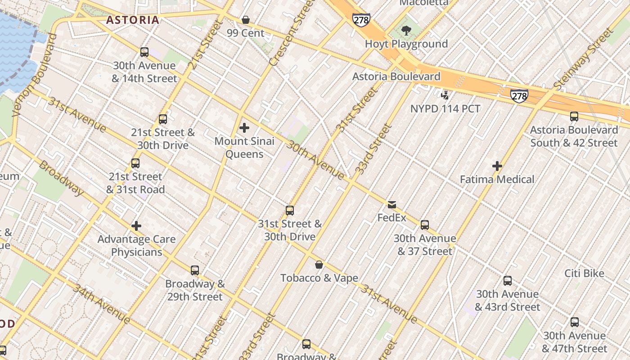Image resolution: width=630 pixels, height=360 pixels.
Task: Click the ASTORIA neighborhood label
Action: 133,20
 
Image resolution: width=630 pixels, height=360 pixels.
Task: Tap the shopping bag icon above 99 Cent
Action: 246,20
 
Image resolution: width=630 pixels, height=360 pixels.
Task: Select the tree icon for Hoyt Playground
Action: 406,31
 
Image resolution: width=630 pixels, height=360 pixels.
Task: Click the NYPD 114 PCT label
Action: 445,108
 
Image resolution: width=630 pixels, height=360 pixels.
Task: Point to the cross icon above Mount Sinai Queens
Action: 244,128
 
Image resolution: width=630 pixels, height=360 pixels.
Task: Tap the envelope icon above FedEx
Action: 392,205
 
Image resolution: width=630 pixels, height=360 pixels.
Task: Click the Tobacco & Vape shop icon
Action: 319,265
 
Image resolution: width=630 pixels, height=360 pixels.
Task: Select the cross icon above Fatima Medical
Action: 497,166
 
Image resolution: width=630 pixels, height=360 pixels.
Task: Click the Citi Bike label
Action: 584,273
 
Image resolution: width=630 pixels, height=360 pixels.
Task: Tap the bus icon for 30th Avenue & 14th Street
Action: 144,52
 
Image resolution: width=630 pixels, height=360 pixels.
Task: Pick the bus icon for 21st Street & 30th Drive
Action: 163,119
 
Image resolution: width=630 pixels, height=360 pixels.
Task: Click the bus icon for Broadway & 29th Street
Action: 195,270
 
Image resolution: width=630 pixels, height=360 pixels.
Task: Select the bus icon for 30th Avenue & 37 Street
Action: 425,225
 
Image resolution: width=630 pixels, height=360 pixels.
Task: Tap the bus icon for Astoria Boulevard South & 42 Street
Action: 574,117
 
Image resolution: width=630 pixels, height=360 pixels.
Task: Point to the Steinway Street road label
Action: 584,58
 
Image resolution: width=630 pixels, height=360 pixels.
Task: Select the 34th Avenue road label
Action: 101,304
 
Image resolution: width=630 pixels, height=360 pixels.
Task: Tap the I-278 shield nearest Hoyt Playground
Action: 361,19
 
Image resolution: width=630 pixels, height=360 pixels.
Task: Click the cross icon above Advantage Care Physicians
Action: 136,226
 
